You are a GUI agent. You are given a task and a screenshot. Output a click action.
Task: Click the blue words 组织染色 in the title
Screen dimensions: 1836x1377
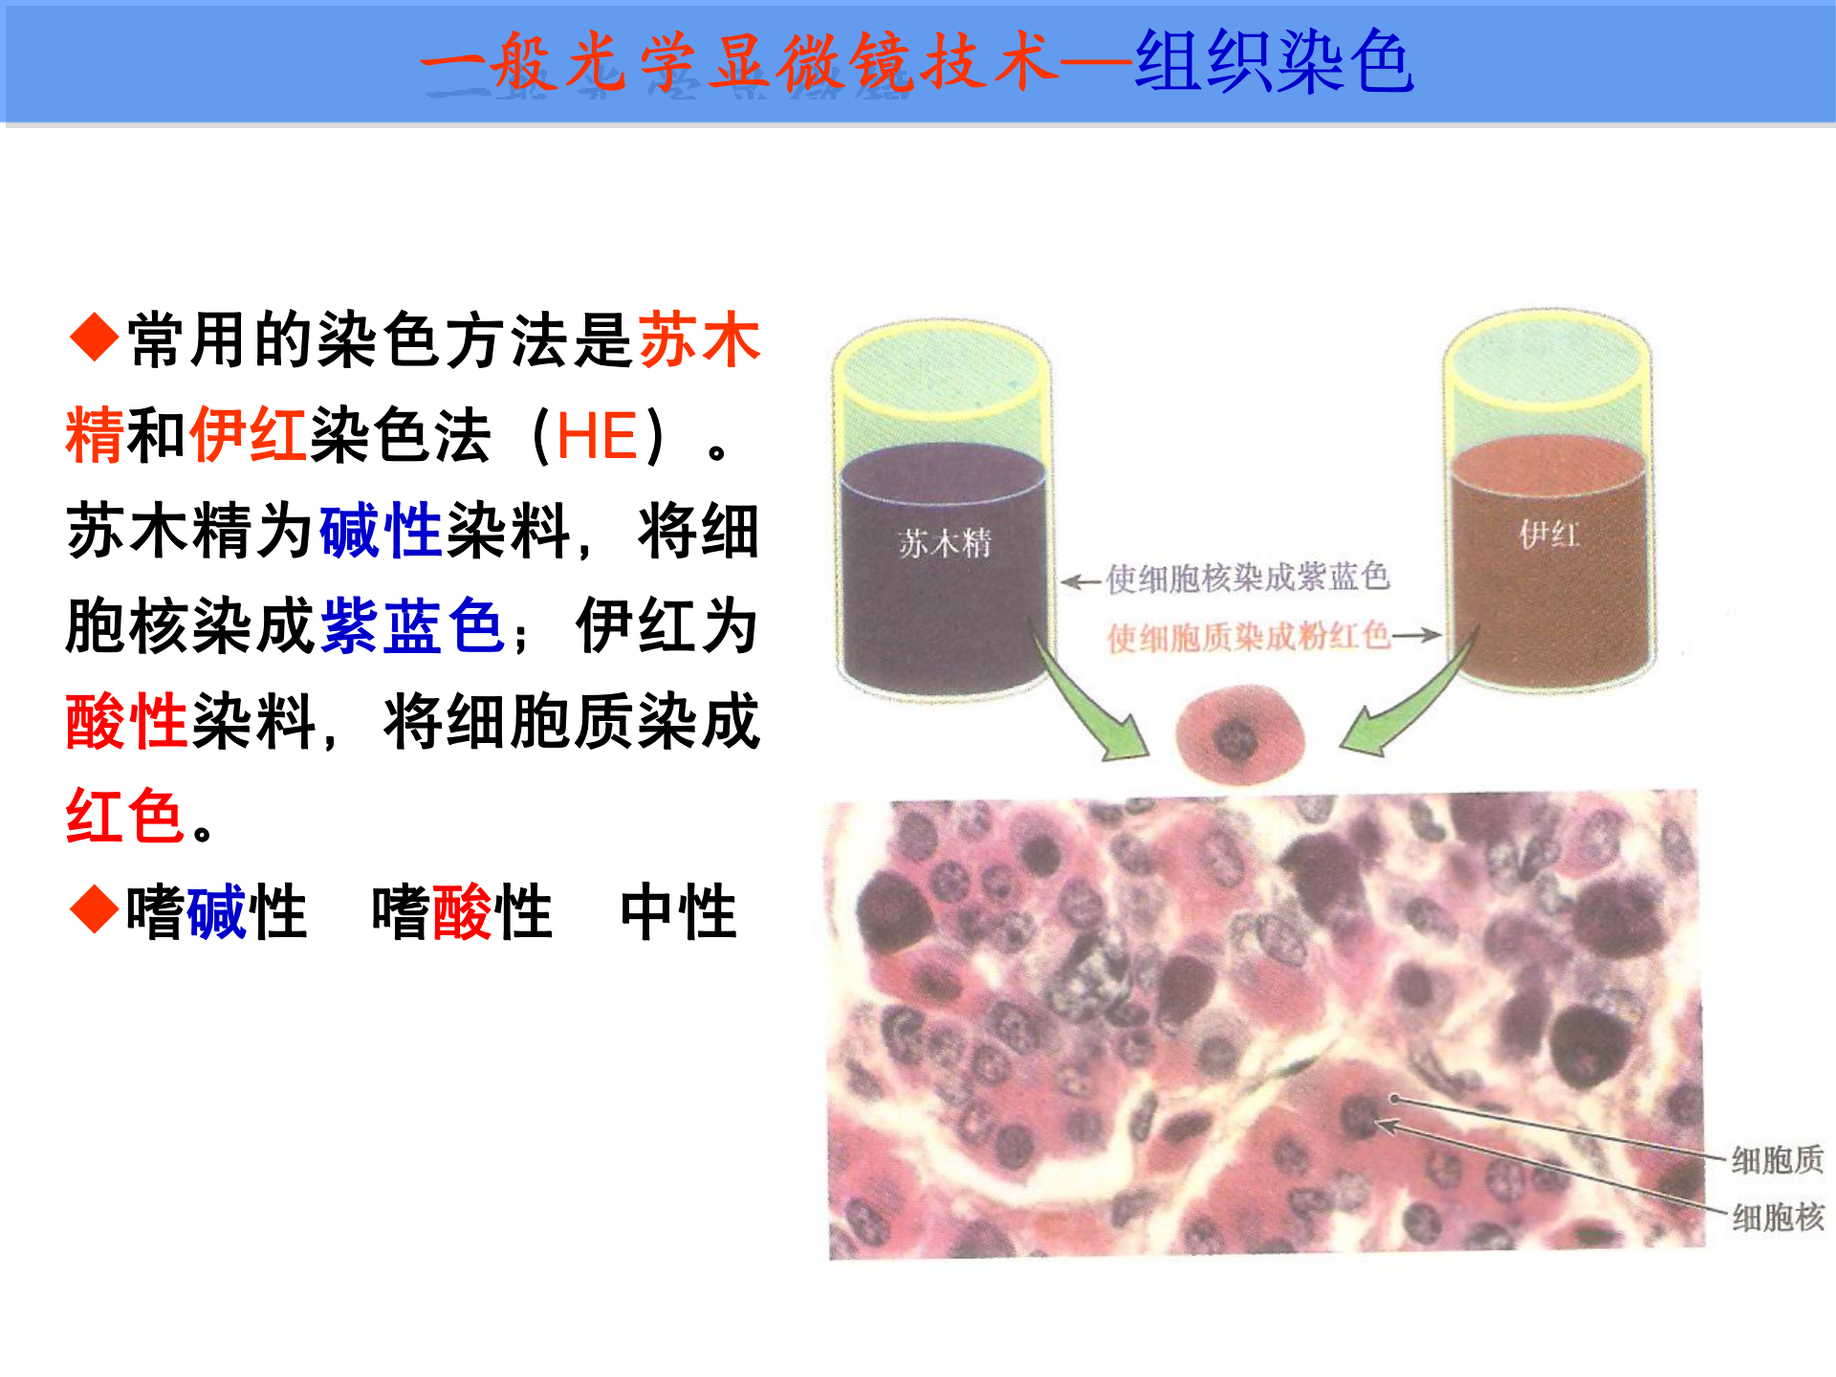coord(1274,61)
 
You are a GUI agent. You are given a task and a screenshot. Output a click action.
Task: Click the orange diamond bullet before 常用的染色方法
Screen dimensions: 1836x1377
coord(94,338)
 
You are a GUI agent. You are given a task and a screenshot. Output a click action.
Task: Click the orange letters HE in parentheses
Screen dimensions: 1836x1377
coord(597,436)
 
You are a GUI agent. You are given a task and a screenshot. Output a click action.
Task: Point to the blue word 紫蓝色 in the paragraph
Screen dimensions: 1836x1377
coord(413,626)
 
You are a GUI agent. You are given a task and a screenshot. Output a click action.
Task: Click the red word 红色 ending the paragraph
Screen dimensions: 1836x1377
coord(124,816)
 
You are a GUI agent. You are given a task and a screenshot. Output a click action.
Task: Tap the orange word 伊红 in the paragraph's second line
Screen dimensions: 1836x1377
coord(249,435)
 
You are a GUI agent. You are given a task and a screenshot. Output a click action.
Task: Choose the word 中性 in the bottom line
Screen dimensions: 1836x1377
coord(679,911)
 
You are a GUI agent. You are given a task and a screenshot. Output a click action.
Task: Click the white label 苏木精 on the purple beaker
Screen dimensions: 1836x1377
coord(945,543)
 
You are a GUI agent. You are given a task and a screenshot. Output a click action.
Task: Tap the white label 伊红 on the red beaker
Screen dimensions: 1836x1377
coord(1549,534)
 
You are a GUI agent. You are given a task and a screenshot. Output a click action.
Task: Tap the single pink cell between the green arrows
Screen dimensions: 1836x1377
coord(1240,732)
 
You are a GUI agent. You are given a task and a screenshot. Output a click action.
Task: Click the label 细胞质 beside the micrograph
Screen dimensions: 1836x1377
coord(1778,1160)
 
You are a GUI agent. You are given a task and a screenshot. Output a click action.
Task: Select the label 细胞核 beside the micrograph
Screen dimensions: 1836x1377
coord(1778,1217)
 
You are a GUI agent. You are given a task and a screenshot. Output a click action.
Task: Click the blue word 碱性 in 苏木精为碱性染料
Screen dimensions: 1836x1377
coord(380,531)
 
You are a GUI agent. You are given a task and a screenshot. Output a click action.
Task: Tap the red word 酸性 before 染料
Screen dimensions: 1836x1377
coord(125,721)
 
